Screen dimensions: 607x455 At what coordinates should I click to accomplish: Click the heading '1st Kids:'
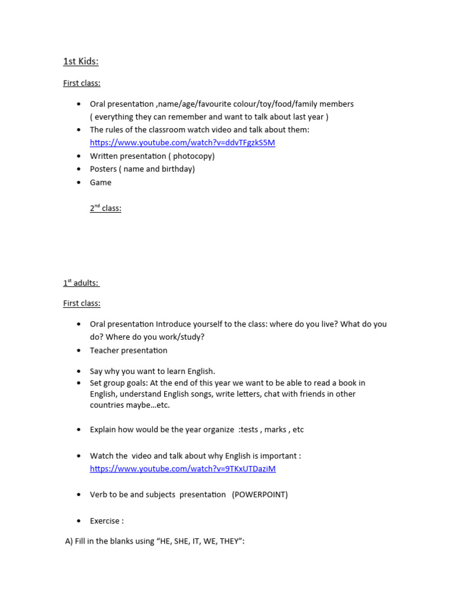[81, 62]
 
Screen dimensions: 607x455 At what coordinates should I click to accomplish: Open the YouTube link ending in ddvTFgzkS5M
[182, 143]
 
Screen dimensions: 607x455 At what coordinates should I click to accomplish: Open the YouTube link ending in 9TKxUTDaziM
[182, 469]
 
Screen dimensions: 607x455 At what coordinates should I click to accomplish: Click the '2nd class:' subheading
[105, 209]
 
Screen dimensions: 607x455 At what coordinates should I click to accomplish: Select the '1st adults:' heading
[81, 283]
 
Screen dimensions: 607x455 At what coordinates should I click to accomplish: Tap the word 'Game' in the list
[101, 183]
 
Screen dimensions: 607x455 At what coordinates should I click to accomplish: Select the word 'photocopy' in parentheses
[191, 156]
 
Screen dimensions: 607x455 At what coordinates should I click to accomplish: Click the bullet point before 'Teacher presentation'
[78, 351]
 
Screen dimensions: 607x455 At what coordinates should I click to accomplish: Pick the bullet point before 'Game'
[78, 183]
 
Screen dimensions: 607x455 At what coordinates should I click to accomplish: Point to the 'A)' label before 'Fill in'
[69, 542]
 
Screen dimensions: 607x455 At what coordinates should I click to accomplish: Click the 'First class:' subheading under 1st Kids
[82, 83]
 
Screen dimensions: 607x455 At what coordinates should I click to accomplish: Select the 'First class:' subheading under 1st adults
[82, 303]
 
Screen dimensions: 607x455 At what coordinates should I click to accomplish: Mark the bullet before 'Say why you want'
[78, 372]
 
